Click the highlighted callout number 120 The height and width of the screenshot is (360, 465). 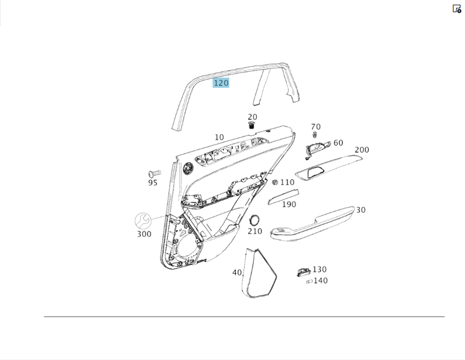tap(221, 83)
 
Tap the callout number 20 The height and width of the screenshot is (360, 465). tap(252, 117)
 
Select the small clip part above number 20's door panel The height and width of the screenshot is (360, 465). tap(252, 125)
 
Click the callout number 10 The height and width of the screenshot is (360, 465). tap(219, 137)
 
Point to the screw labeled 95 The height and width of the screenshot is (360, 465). tap(154, 173)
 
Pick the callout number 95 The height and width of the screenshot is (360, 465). tap(153, 183)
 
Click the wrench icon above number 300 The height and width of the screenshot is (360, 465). tap(143, 221)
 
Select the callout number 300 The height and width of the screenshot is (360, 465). tap(144, 234)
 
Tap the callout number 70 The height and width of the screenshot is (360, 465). tap(316, 127)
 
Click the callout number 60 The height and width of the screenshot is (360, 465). tap(339, 143)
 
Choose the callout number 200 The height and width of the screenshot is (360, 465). tap(362, 150)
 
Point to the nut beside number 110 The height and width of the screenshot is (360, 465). tap(275, 183)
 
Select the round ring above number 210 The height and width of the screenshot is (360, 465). tap(254, 220)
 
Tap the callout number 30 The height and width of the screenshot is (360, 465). tap(361, 210)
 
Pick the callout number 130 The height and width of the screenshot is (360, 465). tap(319, 269)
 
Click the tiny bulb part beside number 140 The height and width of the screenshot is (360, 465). tap(309, 281)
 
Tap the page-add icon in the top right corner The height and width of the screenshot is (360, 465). tap(457, 9)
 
